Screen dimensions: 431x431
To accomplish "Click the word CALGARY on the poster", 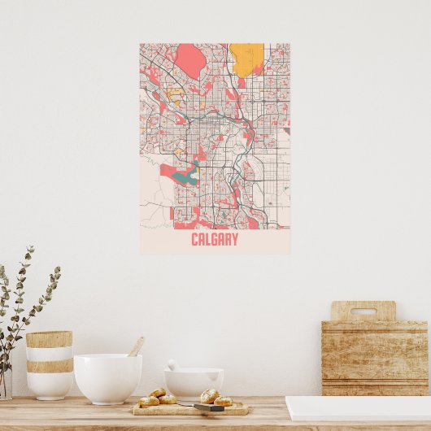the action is tap(215, 240).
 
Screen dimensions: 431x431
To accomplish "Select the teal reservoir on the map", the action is tap(188, 173).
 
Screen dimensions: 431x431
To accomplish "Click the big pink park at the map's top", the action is tap(191, 59).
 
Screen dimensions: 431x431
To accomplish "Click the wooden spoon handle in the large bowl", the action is tap(136, 346).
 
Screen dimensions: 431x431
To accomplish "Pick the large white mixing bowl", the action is tap(107, 378).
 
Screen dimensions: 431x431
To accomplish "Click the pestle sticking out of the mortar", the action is tap(172, 365).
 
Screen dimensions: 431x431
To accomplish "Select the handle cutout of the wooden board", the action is tap(363, 311).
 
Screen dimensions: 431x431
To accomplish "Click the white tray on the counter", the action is tap(358, 408).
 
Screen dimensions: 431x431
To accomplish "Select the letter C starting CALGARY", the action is tap(195, 240).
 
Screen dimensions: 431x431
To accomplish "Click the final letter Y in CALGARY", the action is tap(234, 240).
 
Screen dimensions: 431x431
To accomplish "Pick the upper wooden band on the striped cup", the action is tap(49, 339).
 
